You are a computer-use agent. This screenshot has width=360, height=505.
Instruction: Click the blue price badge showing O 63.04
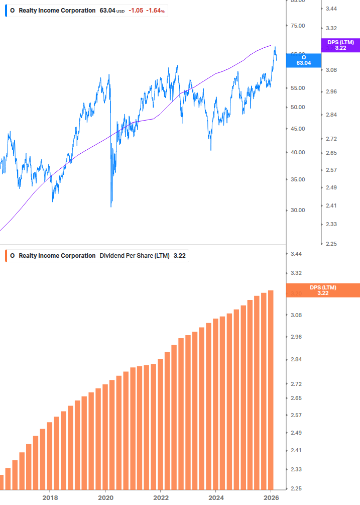click(303, 60)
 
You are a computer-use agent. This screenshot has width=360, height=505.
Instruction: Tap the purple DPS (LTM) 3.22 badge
click(340, 45)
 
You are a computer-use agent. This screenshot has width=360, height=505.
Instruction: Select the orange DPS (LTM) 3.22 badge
click(322, 290)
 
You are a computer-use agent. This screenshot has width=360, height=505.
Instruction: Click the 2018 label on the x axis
click(50, 497)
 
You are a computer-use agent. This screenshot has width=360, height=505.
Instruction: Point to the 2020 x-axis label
click(105, 497)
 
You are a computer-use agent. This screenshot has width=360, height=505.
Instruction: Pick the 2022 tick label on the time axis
click(161, 497)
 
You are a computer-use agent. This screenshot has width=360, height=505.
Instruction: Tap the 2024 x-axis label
click(216, 497)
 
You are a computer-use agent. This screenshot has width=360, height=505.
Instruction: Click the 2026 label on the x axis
click(271, 497)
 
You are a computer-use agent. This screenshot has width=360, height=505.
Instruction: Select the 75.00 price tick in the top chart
click(298, 26)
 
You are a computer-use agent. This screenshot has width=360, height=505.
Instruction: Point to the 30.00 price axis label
click(298, 210)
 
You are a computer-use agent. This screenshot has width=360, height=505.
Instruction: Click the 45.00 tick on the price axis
click(298, 129)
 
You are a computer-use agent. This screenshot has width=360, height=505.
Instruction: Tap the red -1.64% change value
click(155, 11)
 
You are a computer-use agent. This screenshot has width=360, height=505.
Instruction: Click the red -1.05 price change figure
click(136, 11)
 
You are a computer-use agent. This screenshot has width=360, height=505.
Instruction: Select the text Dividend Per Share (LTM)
click(135, 256)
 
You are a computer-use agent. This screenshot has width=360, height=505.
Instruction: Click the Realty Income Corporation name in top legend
click(57, 11)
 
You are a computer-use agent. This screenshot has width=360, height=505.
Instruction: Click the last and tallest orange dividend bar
click(271, 389)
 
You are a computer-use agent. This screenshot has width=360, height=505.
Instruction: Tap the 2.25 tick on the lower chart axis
click(296, 488)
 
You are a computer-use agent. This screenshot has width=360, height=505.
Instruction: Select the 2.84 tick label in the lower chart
click(296, 360)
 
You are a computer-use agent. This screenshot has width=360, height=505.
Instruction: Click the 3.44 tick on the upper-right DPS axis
click(331, 9)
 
